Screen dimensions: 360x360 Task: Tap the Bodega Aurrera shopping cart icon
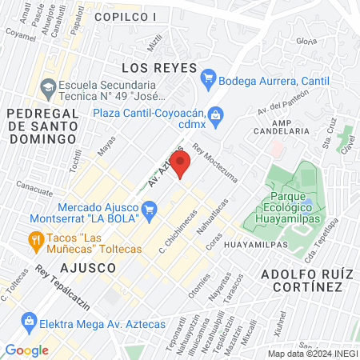coord(210,78)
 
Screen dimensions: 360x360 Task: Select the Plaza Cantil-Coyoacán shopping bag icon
coord(214,115)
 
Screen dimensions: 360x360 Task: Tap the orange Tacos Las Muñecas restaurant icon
coord(34,238)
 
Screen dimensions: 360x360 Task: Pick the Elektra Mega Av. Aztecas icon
coord(30,323)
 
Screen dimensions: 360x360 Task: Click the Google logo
coord(26,350)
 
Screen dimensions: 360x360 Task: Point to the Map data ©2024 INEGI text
coord(312,354)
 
